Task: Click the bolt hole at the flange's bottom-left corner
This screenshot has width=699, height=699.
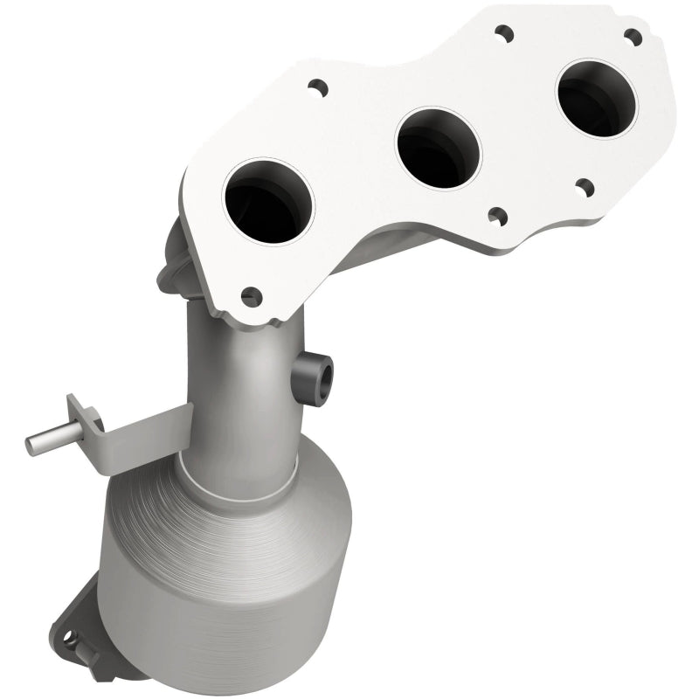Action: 252,294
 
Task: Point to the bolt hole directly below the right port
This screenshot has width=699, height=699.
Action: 583,184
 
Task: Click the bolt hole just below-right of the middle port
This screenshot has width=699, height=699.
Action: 497,212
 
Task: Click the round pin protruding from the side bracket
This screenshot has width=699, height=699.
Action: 44,441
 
